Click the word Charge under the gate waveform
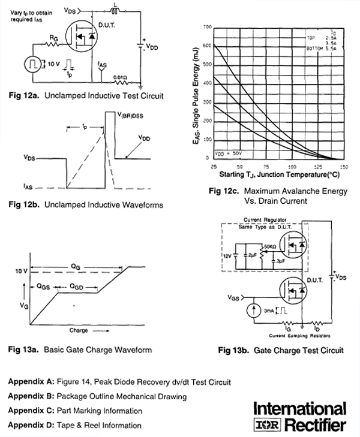78,330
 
